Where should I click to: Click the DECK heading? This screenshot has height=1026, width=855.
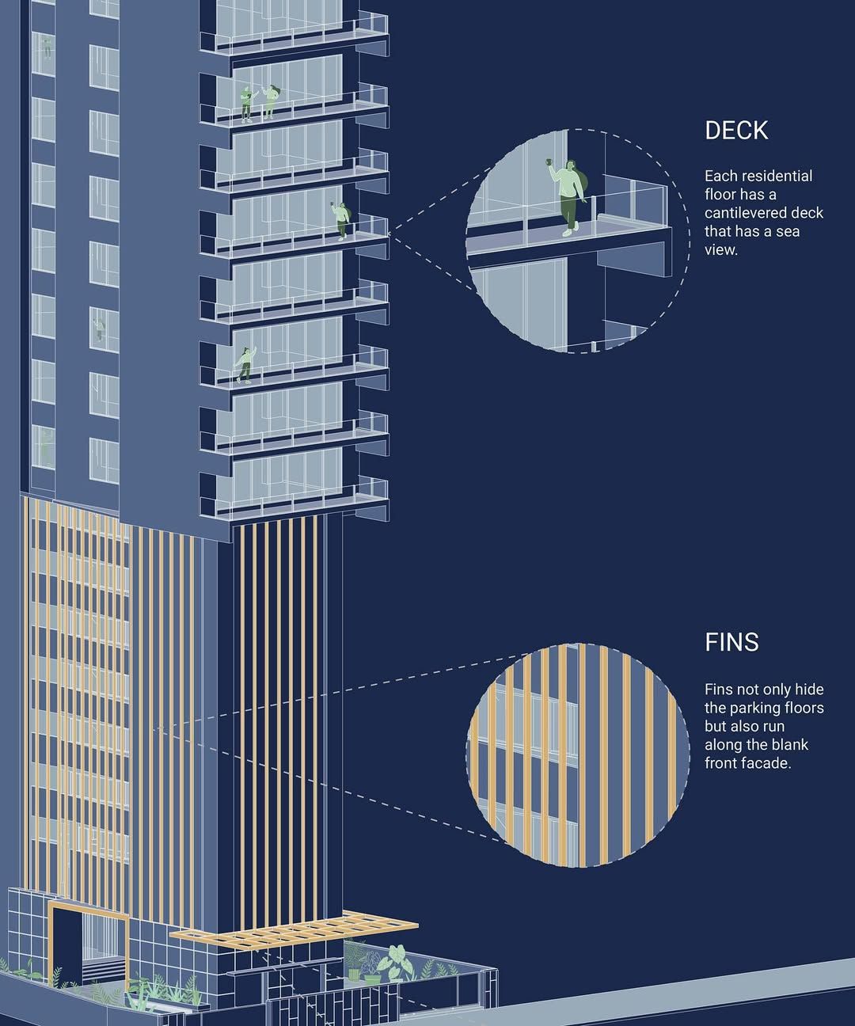click(736, 130)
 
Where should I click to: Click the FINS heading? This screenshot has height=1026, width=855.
click(731, 642)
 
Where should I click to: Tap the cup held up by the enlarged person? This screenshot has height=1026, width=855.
click(549, 161)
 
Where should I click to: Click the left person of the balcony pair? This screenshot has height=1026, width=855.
click(247, 104)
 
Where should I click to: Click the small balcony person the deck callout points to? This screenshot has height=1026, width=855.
click(341, 221)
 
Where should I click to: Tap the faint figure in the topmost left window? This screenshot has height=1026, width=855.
click(47, 47)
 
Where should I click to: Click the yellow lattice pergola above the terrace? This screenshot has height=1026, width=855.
click(294, 928)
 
